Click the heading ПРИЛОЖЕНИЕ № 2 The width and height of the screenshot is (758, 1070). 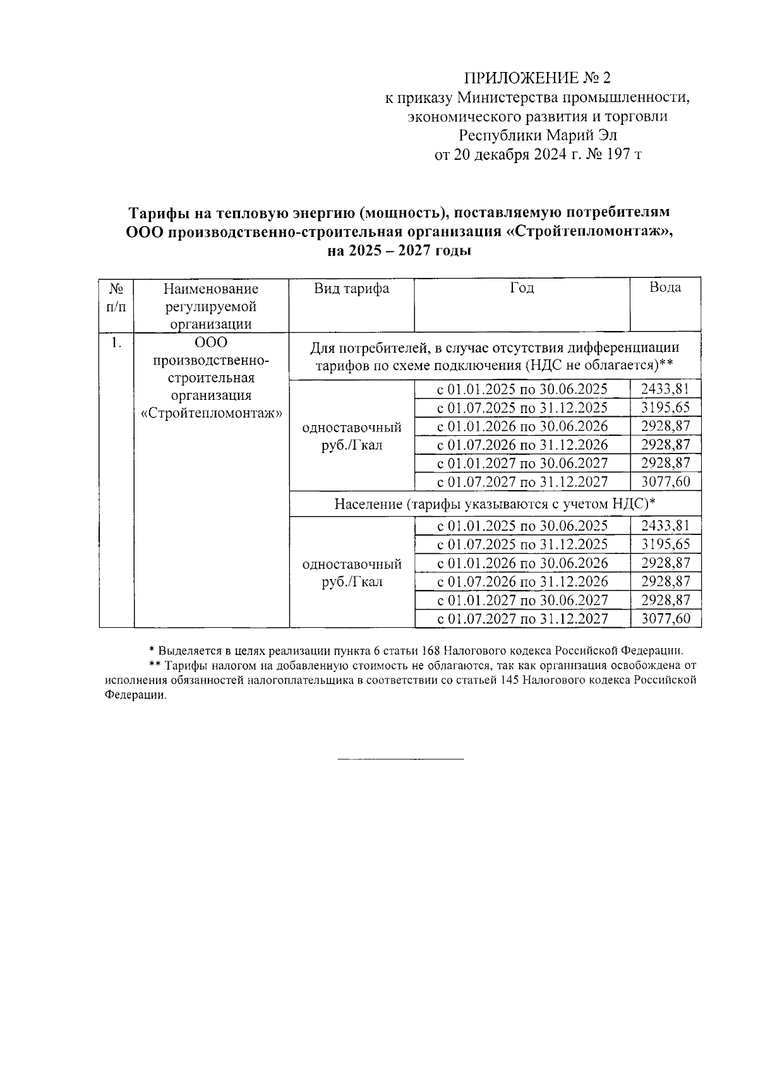[538, 78]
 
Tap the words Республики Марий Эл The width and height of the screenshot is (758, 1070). [538, 135]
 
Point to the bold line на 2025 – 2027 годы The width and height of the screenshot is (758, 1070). [399, 251]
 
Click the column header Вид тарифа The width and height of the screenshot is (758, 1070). [352, 289]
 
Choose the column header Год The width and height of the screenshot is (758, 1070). [522, 288]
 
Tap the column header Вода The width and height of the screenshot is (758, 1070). [665, 287]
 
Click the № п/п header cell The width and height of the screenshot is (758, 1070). [116, 298]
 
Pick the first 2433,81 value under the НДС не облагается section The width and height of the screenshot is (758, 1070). [665, 388]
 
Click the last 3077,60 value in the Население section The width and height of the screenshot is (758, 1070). [665, 618]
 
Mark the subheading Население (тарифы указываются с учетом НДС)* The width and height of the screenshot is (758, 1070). [495, 503]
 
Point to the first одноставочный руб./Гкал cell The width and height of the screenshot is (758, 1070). [352, 436]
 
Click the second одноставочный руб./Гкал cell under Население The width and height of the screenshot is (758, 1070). [352, 572]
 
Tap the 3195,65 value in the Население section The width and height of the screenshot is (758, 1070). [665, 544]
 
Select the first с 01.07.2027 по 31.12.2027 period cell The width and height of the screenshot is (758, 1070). [522, 482]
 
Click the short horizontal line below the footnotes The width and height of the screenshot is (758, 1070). [400, 758]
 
